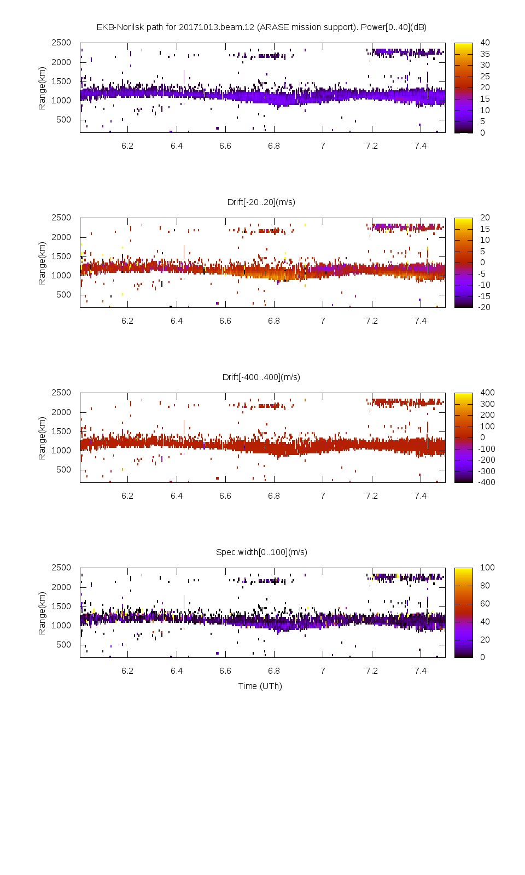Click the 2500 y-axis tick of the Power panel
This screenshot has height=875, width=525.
click(x=61, y=43)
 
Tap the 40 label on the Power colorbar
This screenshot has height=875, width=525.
click(x=485, y=43)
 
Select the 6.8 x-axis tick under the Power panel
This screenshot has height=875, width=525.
click(x=274, y=146)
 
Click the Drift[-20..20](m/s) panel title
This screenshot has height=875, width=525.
click(x=261, y=202)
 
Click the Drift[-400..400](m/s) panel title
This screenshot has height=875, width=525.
click(x=261, y=377)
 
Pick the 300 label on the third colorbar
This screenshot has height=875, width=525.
click(x=487, y=404)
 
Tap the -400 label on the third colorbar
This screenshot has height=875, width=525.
click(x=486, y=482)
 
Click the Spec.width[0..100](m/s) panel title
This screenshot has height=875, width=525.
click(x=261, y=552)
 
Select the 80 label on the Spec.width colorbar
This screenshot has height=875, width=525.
click(x=485, y=586)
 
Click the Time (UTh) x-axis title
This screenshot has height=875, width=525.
click(x=260, y=686)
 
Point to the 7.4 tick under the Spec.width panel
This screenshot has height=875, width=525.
click(x=421, y=671)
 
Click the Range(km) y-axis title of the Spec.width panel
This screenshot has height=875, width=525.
click(x=42, y=613)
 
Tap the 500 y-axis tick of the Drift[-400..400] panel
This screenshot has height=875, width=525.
click(x=63, y=470)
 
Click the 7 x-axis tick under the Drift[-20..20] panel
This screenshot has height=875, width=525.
click(x=323, y=321)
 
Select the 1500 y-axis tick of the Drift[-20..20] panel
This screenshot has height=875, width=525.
click(x=61, y=256)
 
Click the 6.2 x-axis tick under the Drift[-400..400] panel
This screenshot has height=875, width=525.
click(x=127, y=496)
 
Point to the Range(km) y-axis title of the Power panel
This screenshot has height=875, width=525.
click(x=42, y=88)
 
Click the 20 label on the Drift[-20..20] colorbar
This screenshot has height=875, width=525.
click(x=485, y=218)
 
